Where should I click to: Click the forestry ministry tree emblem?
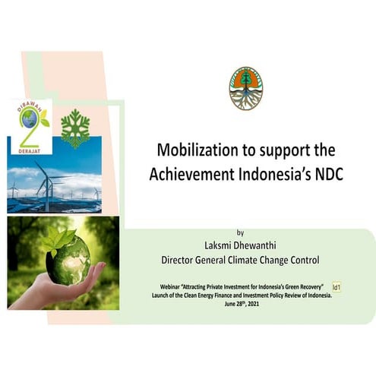tap(245, 88)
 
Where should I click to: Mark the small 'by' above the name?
tap(241, 232)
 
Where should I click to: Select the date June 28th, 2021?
tap(241, 303)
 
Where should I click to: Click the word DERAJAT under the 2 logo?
tap(29, 150)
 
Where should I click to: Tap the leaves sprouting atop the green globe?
tap(59, 239)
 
